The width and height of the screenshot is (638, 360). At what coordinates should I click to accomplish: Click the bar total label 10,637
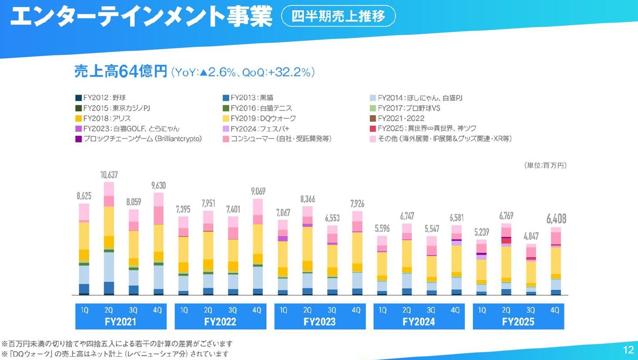[109, 175]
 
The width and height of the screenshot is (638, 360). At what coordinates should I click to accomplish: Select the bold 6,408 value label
[555, 219]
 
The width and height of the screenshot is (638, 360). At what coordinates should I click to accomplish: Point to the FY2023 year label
[320, 322]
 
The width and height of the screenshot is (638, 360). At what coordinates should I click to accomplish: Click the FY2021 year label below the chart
[121, 322]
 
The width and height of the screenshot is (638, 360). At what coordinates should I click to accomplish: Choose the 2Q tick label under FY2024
[407, 310]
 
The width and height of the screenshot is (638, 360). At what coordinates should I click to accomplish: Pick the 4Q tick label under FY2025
[555, 310]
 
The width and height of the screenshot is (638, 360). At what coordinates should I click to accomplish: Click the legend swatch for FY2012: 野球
[78, 98]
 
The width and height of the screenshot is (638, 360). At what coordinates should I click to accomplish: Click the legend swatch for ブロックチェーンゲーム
[78, 139]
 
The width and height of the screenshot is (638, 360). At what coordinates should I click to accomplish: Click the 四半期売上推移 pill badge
[338, 16]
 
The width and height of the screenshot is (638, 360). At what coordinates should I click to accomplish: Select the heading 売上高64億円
[121, 72]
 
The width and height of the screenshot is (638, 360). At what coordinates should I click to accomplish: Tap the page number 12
[628, 350]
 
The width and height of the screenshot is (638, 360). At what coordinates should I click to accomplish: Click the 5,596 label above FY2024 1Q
[382, 229]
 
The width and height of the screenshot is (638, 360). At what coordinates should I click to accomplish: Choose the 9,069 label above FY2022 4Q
[258, 191]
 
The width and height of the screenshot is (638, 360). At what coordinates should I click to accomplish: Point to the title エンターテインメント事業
[141, 17]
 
